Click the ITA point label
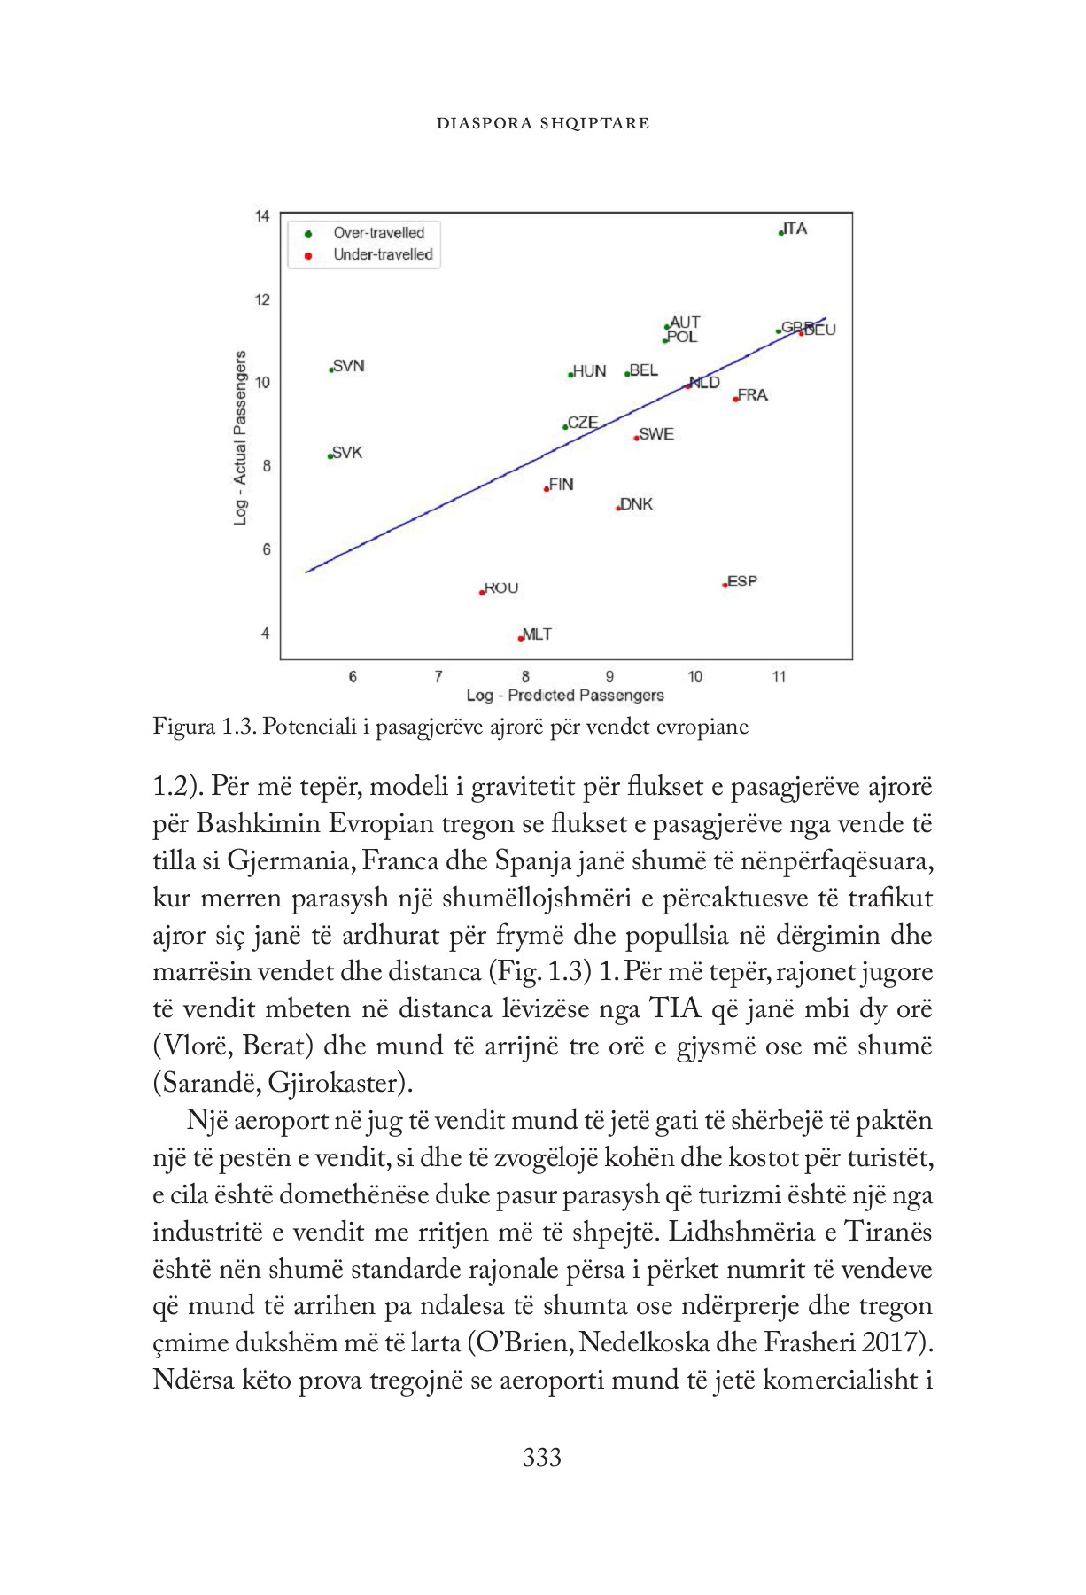pos(795,229)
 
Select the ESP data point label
pos(741,581)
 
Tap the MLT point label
pos(537,634)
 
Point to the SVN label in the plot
pos(348,366)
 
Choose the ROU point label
pos(500,588)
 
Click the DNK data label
pos(636,504)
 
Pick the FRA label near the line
pos(752,395)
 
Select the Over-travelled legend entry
pos(378,233)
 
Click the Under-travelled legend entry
pos(383,254)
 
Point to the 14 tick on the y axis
pos(262,216)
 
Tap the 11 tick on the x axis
pos(779,677)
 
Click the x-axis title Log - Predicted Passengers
pos(565,696)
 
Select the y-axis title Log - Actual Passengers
pos(240,438)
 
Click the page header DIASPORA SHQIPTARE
pos(542,123)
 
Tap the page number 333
pos(541,1457)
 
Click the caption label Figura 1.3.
pos(203,727)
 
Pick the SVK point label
pos(346,453)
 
